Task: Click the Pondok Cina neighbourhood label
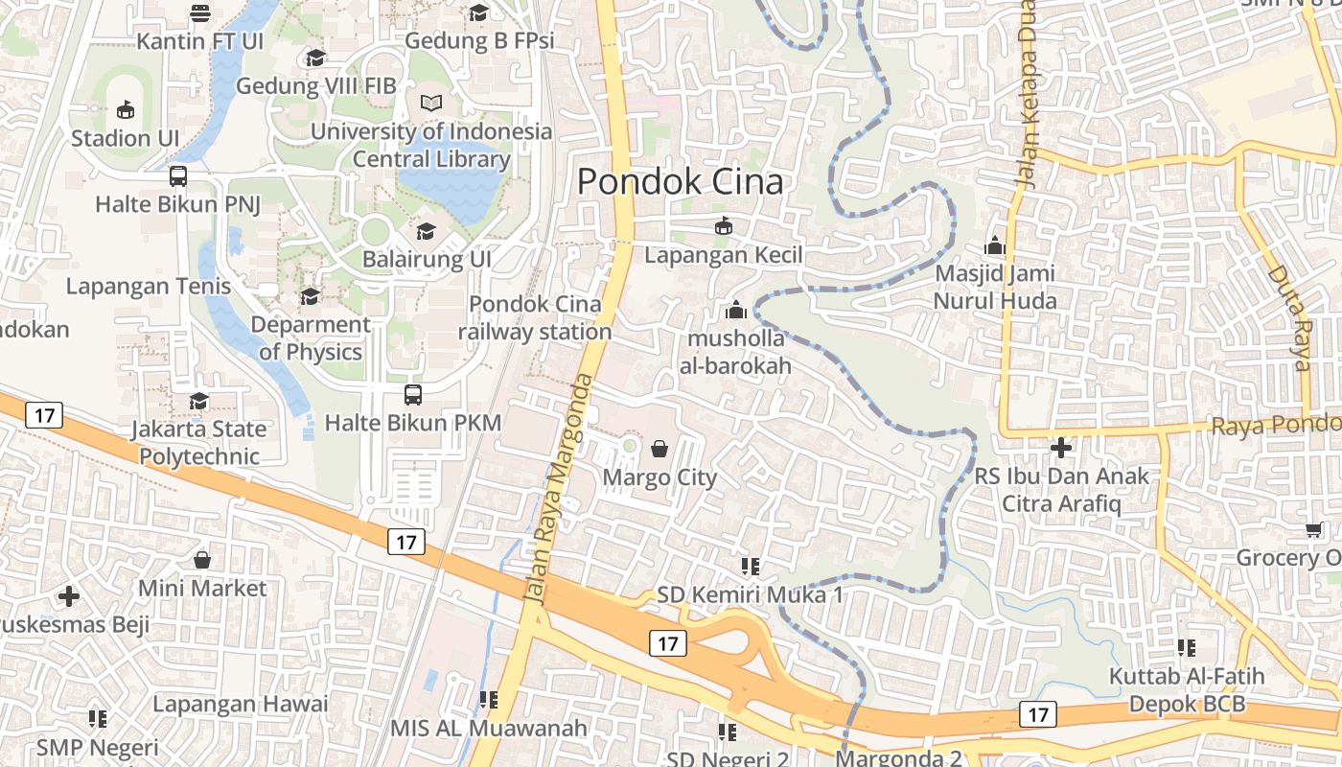(x=681, y=182)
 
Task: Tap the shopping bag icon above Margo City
(x=659, y=449)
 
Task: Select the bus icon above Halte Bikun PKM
(x=412, y=394)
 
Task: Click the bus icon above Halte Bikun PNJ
(x=178, y=176)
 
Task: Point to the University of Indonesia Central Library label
(x=431, y=146)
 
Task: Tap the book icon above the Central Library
(x=431, y=103)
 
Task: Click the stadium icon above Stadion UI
(x=126, y=110)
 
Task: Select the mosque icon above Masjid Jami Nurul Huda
(x=995, y=246)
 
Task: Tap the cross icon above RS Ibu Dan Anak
(x=1060, y=448)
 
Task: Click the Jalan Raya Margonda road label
(x=558, y=489)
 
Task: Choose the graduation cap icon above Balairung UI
(x=426, y=231)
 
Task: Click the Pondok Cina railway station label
(x=535, y=318)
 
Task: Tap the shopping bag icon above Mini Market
(x=202, y=560)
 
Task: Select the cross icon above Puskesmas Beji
(x=69, y=596)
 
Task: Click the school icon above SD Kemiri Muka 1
(x=750, y=567)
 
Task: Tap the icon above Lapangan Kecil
(x=723, y=226)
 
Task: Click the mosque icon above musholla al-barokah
(x=736, y=311)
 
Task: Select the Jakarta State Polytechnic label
(x=199, y=442)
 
